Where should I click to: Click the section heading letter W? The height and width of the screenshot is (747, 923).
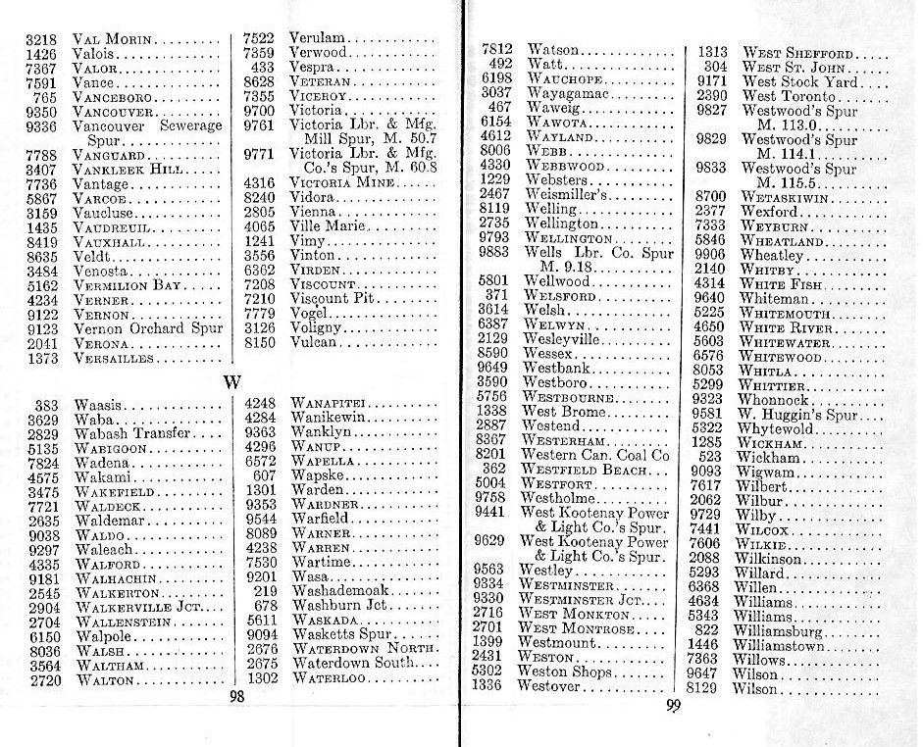coord(231,380)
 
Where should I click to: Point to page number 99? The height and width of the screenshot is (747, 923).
coord(673,707)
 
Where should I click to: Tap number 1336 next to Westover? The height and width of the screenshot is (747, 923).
coord(488,686)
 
